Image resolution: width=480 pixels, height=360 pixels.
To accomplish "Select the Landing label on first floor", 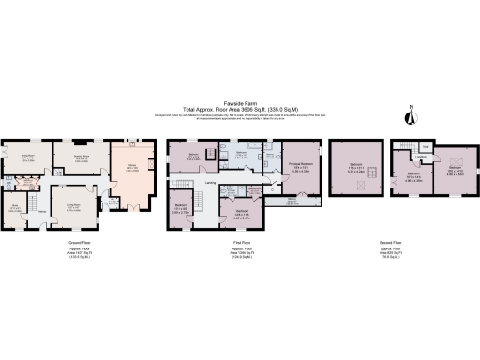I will click(x=212, y=183).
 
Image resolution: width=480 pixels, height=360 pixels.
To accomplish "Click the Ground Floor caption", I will click(x=80, y=241).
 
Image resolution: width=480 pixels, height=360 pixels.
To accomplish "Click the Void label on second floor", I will click(x=425, y=146).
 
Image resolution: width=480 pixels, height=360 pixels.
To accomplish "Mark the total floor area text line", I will click(x=239, y=111).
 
